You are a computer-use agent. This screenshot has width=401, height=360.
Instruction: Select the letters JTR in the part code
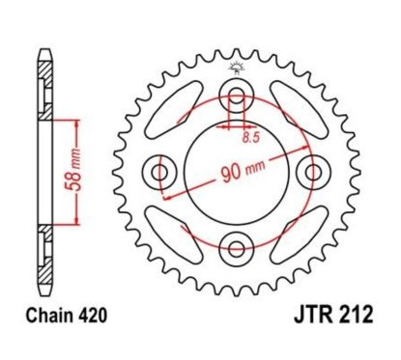[x=293, y=316]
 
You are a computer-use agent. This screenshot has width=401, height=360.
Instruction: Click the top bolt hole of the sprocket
[x=234, y=98]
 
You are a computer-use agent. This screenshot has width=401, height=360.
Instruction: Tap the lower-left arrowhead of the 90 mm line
[x=165, y=196]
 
